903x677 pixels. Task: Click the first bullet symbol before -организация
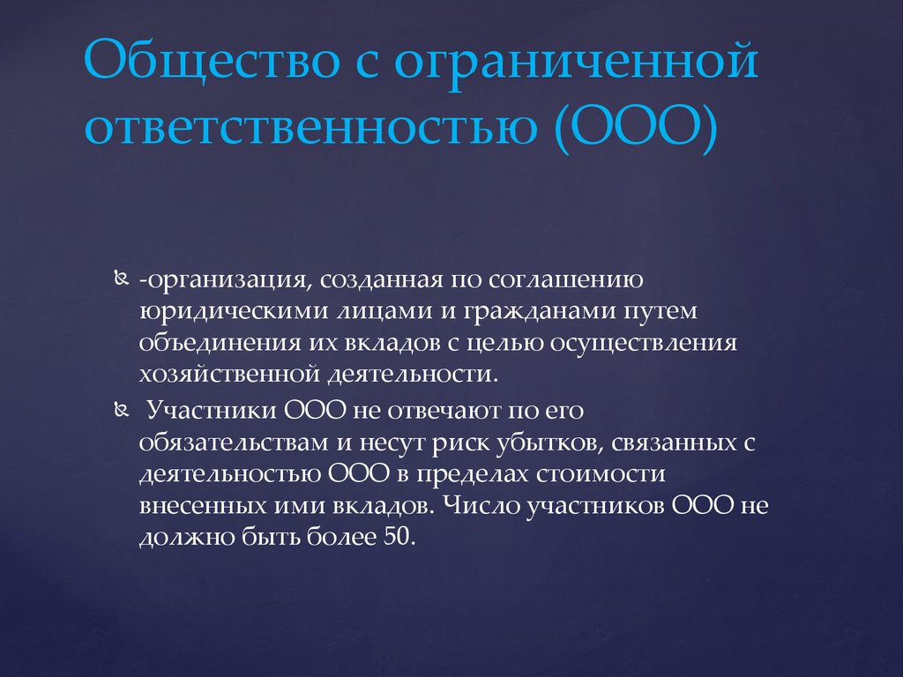coord(121,279)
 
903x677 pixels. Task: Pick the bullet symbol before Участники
coord(121,411)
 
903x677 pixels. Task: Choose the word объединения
coord(220,344)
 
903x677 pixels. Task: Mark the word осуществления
coord(644,344)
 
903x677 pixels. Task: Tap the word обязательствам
coord(235,443)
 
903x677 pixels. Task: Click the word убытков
coord(549,443)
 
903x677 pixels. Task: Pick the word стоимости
coord(601,474)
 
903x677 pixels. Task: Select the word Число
coord(477,505)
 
